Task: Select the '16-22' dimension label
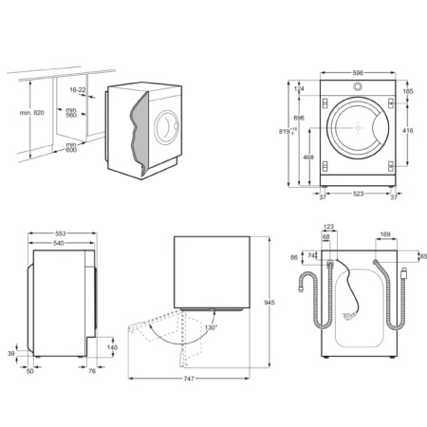click(78, 89)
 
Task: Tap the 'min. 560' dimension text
click(70, 113)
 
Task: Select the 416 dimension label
click(408, 131)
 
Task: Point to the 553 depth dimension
click(61, 233)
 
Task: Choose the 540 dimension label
click(59, 244)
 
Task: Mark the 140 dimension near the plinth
click(112, 348)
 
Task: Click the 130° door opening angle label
click(209, 327)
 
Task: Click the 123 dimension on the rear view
click(329, 227)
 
